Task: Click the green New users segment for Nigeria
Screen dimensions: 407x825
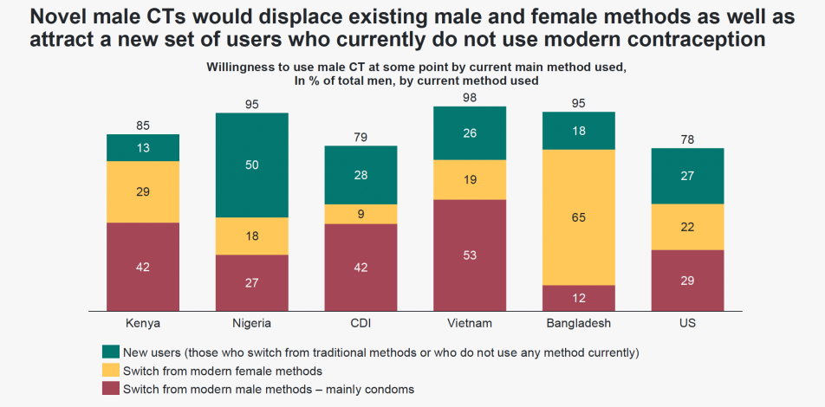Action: [x=252, y=165]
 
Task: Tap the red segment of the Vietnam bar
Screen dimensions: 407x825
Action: [x=470, y=255]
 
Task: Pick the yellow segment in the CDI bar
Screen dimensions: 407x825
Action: [x=361, y=214]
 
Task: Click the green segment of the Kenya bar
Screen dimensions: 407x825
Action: [x=143, y=147]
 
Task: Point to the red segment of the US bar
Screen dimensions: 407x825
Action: [x=687, y=280]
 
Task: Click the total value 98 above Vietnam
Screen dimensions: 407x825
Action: [x=470, y=98]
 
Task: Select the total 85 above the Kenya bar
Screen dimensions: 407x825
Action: [x=143, y=126]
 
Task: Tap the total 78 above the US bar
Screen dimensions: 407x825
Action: [x=687, y=139]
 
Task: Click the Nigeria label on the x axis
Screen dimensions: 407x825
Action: [x=252, y=323]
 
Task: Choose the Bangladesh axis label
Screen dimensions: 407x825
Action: [x=578, y=323]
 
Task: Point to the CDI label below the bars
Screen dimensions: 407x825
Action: [x=361, y=323]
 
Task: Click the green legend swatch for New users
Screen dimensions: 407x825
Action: [x=110, y=352]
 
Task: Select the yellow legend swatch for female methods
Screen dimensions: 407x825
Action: [x=110, y=371]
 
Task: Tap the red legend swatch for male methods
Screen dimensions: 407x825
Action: [x=110, y=389]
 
